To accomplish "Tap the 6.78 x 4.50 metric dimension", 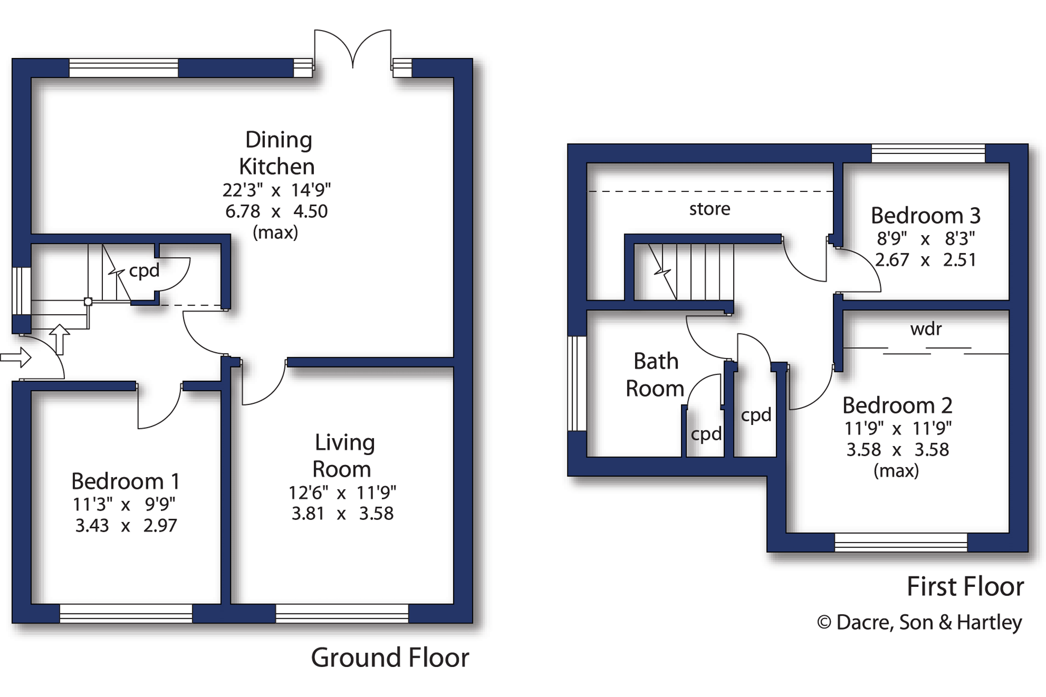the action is (x=276, y=212).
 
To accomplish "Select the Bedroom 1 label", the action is (x=125, y=481).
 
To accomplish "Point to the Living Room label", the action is (x=343, y=455).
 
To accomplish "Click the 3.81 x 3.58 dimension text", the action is (x=342, y=514).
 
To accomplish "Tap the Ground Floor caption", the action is (x=390, y=658).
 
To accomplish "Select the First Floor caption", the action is (x=965, y=586).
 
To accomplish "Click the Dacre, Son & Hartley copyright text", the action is (x=919, y=622).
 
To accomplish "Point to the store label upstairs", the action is (x=709, y=209).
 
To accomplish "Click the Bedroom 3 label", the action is (x=925, y=215).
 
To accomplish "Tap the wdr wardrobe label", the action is (x=926, y=329).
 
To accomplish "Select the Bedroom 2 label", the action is (x=897, y=405).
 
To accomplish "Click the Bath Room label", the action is (x=655, y=375).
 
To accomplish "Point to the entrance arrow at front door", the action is (x=16, y=358).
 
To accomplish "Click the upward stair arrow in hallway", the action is (x=60, y=339).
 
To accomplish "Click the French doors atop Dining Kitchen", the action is (x=353, y=49).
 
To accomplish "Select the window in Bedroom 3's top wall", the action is (x=928, y=153).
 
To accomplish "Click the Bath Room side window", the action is (x=577, y=384).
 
